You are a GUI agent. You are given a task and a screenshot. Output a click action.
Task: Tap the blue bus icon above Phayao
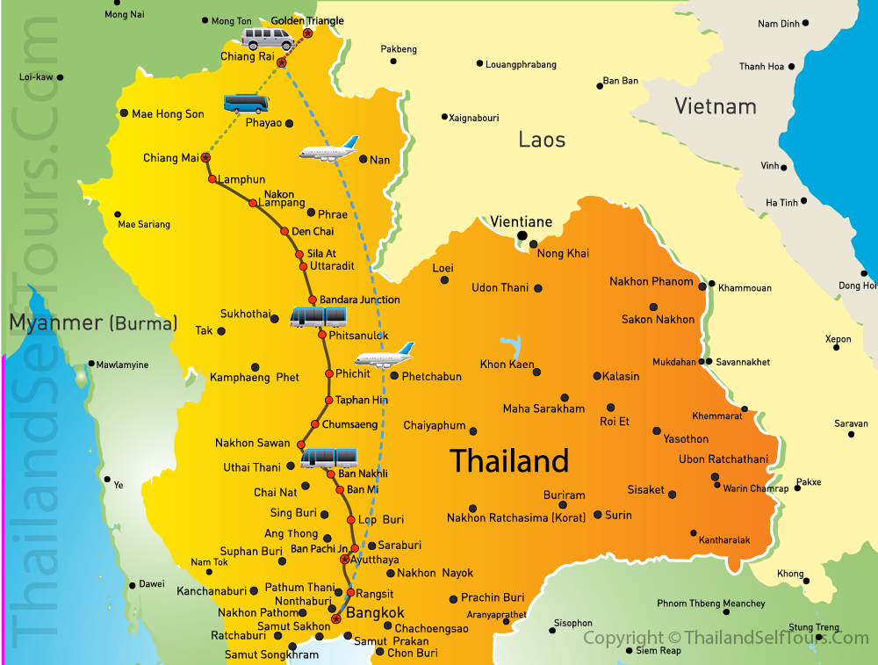[x=245, y=104]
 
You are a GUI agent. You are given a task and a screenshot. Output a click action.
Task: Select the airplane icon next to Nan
[x=328, y=149]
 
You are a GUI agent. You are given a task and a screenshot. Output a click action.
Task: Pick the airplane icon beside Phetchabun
[x=384, y=356]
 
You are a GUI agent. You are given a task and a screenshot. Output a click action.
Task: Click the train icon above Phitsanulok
[x=318, y=317]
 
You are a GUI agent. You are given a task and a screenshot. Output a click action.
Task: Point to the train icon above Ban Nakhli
[x=329, y=457]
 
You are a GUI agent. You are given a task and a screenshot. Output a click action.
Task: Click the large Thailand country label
[x=509, y=461]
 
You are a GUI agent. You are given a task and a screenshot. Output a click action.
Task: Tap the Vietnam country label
[x=715, y=106]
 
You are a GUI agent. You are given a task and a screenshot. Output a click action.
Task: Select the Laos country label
[x=542, y=139]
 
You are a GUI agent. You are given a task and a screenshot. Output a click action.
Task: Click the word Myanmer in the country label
[x=55, y=323]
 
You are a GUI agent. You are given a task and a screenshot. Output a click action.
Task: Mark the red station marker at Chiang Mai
[x=205, y=158]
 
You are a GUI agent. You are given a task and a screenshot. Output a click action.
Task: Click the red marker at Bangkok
[x=335, y=619]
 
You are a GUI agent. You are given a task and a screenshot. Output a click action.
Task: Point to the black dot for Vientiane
[x=522, y=235]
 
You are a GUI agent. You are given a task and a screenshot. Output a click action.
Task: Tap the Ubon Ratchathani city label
[x=723, y=459]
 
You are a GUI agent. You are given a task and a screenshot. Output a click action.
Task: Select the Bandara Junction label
[x=359, y=300]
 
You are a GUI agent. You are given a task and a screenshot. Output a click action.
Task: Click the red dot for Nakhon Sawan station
[x=301, y=445]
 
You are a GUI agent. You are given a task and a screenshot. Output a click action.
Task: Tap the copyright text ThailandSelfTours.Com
[x=725, y=639]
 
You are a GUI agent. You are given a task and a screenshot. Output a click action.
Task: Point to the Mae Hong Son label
[x=168, y=114]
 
